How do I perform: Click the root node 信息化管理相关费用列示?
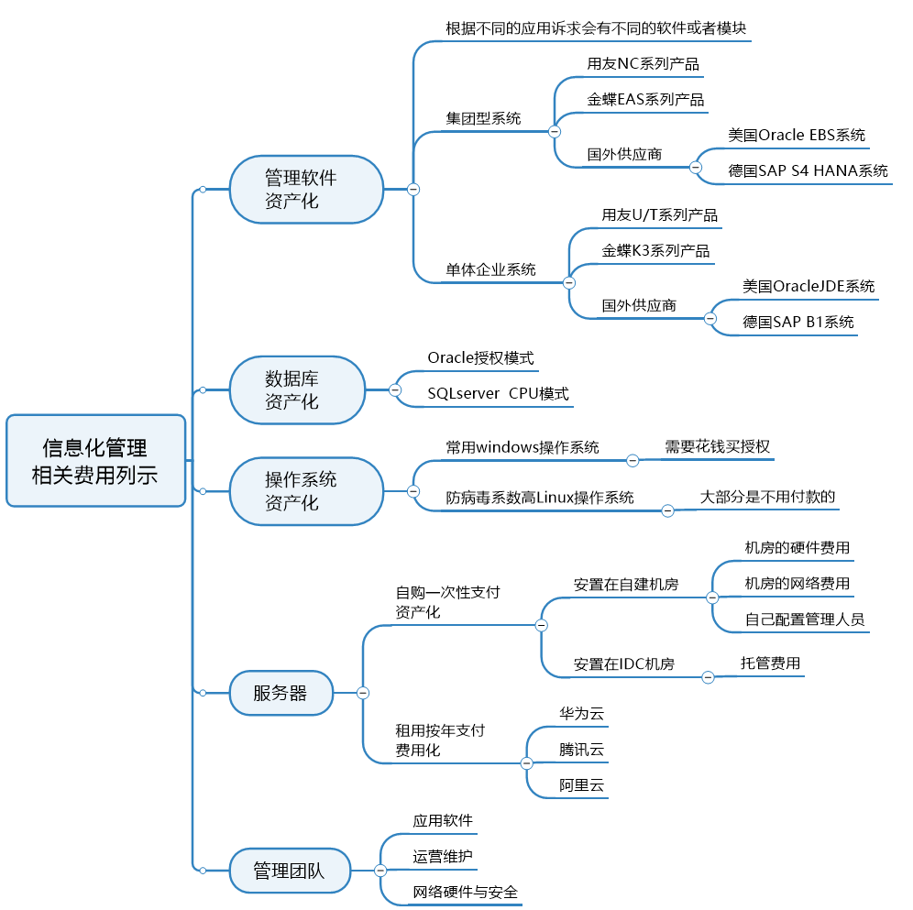(95, 461)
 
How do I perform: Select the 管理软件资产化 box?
(306, 189)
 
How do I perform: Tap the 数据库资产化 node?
(297, 389)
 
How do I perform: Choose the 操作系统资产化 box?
(306, 491)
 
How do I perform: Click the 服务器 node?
(280, 693)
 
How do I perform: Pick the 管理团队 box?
(290, 870)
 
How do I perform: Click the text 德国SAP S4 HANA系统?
(808, 170)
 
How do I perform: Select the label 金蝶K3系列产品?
(655, 250)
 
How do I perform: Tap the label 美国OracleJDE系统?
(808, 286)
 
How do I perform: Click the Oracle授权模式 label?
(480, 357)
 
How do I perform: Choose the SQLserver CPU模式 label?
(498, 394)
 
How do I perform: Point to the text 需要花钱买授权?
(717, 447)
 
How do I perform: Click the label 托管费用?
(770, 663)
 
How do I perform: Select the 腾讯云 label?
(582, 750)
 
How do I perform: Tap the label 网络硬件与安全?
(465, 892)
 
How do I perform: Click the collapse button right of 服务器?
(363, 693)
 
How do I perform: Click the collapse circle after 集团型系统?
(555, 132)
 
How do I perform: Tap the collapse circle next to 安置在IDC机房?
(708, 677)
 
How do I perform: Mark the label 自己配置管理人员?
(804, 619)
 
